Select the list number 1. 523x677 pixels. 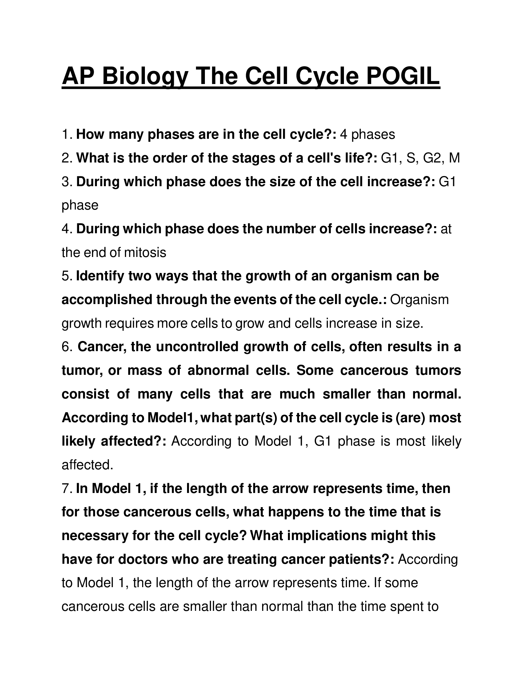(x=67, y=134)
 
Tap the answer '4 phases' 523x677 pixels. (x=367, y=134)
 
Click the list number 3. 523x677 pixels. (x=67, y=182)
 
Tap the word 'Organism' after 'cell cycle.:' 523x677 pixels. (x=419, y=300)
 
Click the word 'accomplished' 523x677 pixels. (x=106, y=300)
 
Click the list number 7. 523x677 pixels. (x=67, y=489)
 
